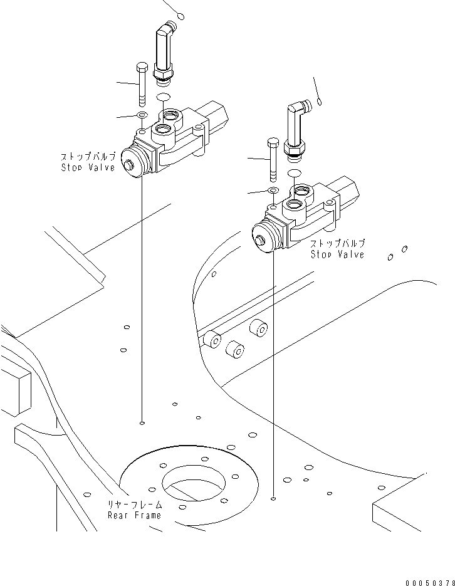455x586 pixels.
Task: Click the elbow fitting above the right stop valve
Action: (x=294, y=128)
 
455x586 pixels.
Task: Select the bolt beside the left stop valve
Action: (x=141, y=85)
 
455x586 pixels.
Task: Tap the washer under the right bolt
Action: (x=273, y=190)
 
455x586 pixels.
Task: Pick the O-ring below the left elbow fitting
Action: (x=164, y=96)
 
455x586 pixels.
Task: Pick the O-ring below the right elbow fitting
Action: (x=295, y=172)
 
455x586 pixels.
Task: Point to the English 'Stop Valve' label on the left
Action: (x=88, y=168)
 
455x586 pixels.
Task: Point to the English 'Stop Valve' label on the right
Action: (x=337, y=254)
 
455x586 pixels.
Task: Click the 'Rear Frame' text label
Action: (x=134, y=515)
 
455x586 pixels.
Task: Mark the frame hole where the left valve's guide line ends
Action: (x=143, y=423)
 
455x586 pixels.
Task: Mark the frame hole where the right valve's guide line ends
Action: (x=274, y=499)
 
